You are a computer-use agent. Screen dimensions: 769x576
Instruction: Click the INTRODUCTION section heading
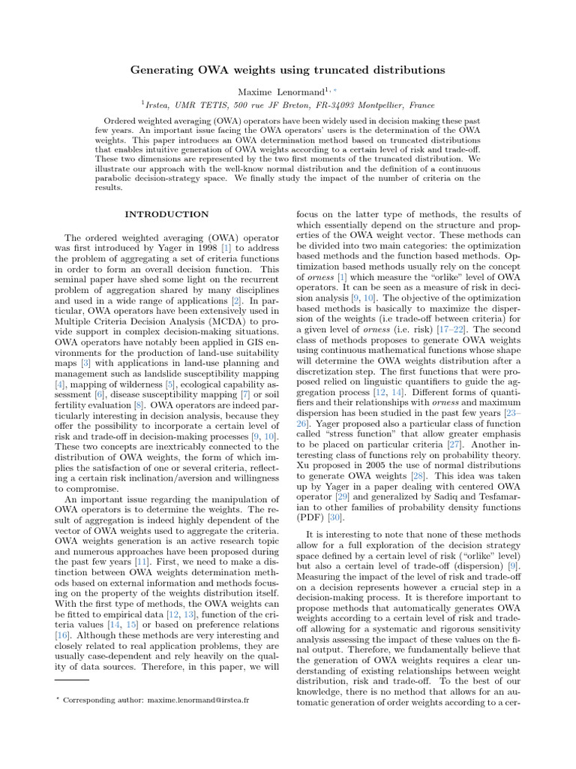click(166, 215)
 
